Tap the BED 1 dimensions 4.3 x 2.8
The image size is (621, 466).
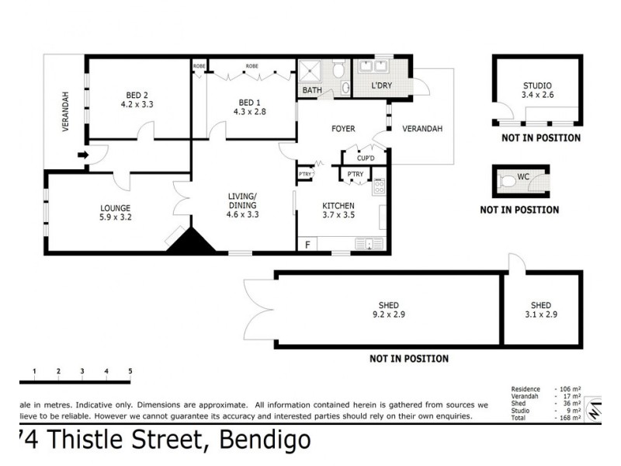(x=248, y=112)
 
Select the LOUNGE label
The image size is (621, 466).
(x=115, y=207)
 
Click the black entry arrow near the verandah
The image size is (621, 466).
(x=84, y=156)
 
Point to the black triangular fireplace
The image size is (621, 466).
(x=192, y=241)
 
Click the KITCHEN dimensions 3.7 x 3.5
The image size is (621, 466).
(x=338, y=215)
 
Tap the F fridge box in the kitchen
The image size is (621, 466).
(x=307, y=245)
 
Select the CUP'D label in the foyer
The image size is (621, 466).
(x=366, y=158)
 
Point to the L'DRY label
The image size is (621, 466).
(x=381, y=85)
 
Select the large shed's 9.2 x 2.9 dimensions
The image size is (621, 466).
(x=389, y=315)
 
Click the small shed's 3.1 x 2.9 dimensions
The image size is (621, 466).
(x=541, y=315)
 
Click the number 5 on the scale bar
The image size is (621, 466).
(x=130, y=371)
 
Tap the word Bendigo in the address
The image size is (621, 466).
(x=266, y=440)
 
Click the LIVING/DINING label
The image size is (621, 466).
(x=242, y=200)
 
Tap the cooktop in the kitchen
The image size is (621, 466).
(x=380, y=186)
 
